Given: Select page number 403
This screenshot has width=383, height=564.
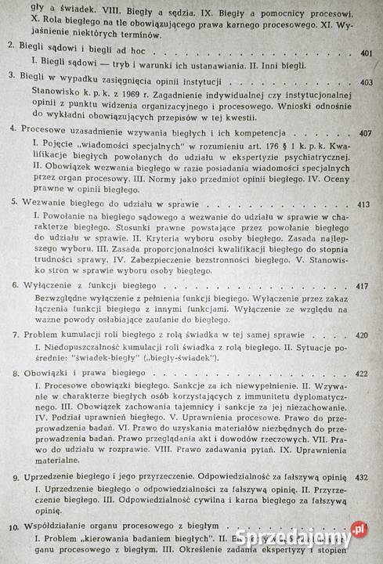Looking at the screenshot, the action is pos(363,81).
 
